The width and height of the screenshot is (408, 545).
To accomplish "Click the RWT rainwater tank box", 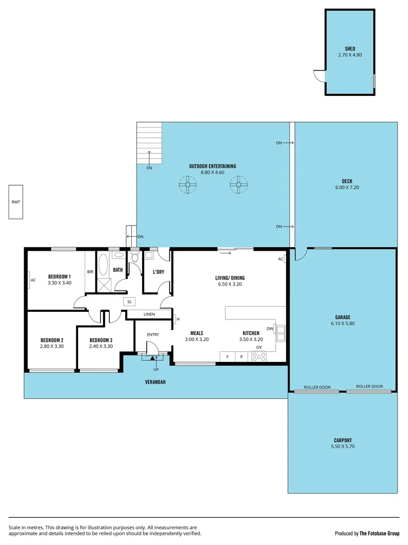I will coord(16,202).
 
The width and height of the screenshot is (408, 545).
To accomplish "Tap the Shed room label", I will coord(349,49).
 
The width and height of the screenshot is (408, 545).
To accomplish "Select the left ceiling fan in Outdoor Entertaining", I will coord(187,185).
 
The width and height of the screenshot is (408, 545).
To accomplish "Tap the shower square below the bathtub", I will coord(104,284).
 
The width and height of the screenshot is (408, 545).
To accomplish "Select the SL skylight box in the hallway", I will coord(130,301).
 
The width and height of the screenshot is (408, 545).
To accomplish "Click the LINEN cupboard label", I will coord(149,314).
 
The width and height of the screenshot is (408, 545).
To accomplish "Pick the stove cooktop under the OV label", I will coord(259,356).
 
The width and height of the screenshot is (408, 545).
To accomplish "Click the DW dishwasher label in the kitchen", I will coord(270,329).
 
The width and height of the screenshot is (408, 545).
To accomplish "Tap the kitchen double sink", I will coord(280,333).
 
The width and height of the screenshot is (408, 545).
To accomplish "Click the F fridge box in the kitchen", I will coord(227,357).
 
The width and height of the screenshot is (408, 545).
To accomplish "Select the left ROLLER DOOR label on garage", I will coord(317,387).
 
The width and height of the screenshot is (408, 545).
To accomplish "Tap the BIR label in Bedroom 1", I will coord(90,272).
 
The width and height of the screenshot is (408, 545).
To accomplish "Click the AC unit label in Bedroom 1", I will coord(33,280).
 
